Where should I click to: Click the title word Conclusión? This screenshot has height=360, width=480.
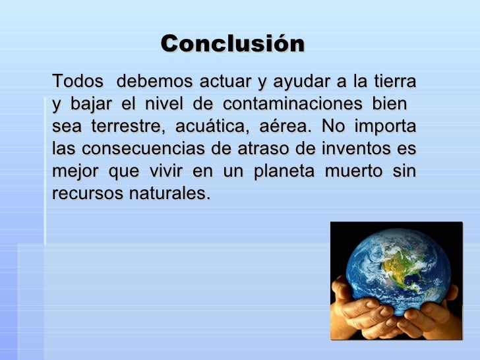[x=233, y=44]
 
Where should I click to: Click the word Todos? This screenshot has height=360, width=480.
[x=77, y=82]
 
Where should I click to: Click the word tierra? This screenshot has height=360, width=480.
[x=394, y=82]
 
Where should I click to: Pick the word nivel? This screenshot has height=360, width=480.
[x=164, y=104]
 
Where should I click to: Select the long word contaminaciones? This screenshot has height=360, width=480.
[x=292, y=104]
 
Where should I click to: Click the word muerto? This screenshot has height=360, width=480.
[x=357, y=171]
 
